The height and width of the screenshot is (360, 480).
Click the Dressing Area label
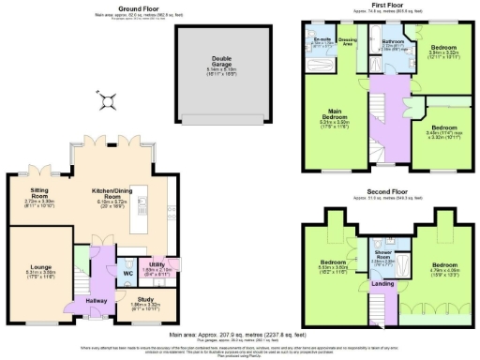(347, 40)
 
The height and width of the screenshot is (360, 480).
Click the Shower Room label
(384, 255)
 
